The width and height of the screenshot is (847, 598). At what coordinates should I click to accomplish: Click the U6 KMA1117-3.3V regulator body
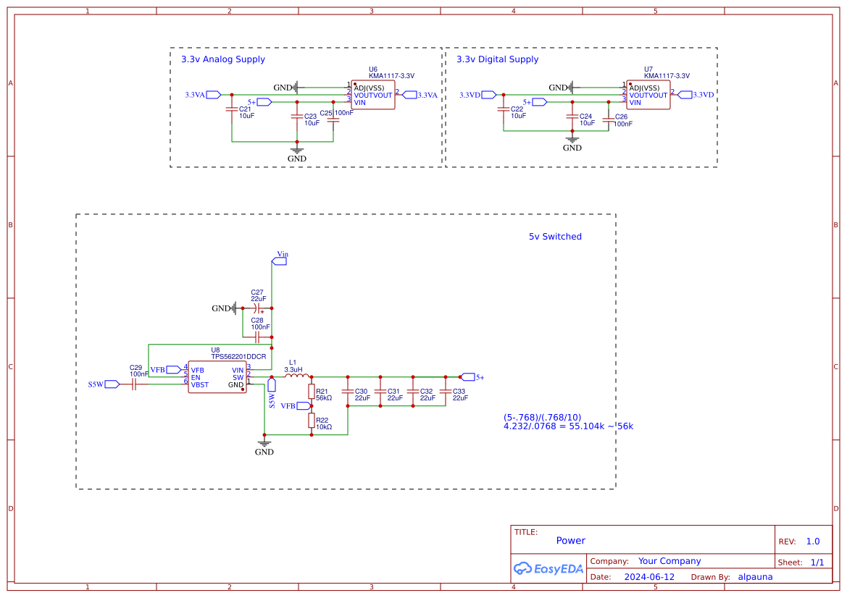pos(373,95)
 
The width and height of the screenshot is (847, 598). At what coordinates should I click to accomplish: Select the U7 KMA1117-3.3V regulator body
pos(648,95)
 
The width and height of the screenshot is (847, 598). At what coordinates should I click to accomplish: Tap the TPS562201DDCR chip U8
pos(217,377)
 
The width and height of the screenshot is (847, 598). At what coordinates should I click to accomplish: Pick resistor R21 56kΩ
pos(312,392)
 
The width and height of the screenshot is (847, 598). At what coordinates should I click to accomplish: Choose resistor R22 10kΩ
pos(312,420)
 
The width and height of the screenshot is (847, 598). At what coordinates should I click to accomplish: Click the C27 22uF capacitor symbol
pos(257,308)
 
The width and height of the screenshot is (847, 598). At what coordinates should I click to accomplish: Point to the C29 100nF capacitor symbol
pos(134,384)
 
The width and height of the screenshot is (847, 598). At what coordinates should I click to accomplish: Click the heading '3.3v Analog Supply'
pos(223,59)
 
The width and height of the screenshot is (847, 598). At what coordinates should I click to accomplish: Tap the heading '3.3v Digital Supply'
pos(498,59)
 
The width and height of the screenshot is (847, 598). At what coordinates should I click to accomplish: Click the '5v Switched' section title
pos(555,237)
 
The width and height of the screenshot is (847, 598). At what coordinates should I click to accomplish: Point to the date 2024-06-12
pos(649,577)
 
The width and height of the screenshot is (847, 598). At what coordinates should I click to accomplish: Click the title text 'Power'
pos(571,541)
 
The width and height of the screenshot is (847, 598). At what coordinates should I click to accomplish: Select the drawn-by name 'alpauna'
pos(755,577)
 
